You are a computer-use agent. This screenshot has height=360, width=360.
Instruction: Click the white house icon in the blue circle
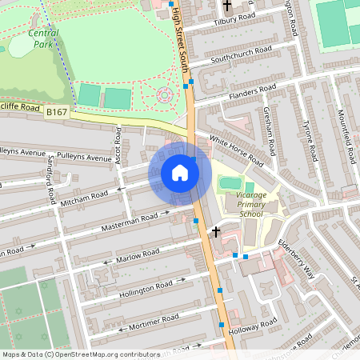(x=180, y=172)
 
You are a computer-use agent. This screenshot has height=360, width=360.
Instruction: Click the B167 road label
(x=55, y=113)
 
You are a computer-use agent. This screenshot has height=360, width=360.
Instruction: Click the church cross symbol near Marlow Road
(x=215, y=232)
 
